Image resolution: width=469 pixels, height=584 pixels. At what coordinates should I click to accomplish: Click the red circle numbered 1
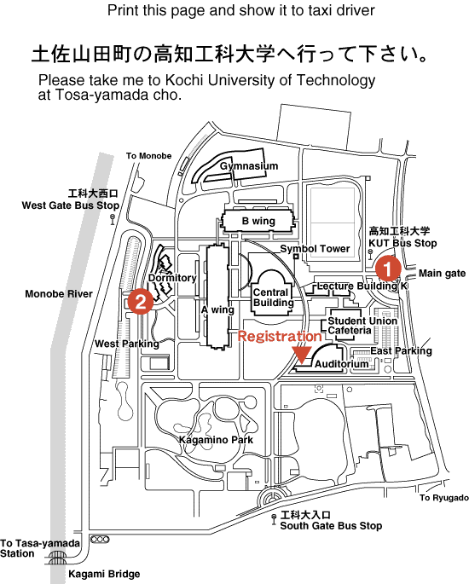tap(388, 269)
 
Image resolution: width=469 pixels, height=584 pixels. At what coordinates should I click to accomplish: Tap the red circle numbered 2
tap(141, 301)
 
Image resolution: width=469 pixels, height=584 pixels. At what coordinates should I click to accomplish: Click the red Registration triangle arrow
tap(302, 355)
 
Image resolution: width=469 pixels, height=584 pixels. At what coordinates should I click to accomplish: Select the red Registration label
tap(280, 336)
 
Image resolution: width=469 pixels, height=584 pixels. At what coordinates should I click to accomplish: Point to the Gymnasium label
tap(249, 166)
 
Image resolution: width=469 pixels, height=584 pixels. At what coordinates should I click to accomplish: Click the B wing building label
tap(258, 221)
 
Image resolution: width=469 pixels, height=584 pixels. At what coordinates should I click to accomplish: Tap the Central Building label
tap(273, 298)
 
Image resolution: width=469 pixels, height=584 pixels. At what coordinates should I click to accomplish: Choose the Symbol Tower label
tap(315, 249)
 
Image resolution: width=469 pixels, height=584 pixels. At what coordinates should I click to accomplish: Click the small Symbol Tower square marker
tap(296, 257)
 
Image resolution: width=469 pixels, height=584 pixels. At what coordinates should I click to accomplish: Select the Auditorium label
tap(342, 364)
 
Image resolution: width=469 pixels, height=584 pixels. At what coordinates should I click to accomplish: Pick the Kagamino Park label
tap(216, 440)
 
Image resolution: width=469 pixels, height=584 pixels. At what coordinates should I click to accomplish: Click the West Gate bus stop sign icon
tap(113, 219)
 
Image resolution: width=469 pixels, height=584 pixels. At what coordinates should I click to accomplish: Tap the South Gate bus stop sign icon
tap(274, 519)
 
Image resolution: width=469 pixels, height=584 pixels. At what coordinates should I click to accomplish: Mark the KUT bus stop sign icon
tap(371, 255)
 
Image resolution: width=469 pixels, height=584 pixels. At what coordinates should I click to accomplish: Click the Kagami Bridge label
tap(104, 574)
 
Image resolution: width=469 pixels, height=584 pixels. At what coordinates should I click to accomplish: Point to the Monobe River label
tap(59, 294)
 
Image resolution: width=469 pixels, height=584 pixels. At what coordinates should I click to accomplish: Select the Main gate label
tap(443, 274)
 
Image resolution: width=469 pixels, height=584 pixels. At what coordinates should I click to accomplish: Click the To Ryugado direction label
tap(444, 498)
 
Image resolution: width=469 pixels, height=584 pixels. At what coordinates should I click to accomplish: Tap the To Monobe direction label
tap(148, 156)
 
